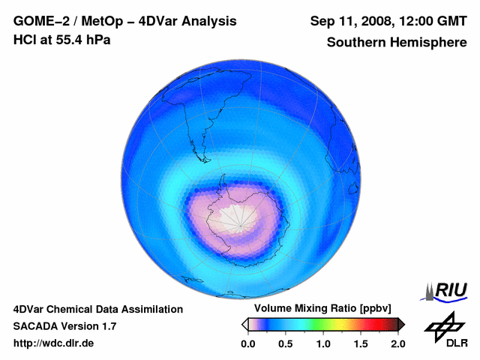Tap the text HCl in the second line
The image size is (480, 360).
coord(25,40)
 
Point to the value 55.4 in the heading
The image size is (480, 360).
coord(69,40)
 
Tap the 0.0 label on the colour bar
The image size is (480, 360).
coord(248,343)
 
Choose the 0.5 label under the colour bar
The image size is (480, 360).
coord(286,343)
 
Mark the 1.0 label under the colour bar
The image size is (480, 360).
coord(323,343)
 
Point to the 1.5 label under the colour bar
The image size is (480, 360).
coord(361,343)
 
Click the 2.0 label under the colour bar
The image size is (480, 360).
coord(397,343)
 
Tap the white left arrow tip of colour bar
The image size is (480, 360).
coord(244,324)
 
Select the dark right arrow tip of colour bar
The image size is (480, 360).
coord(401,324)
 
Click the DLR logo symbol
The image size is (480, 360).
coord(444,324)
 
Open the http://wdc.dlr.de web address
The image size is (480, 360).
coord(54,343)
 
